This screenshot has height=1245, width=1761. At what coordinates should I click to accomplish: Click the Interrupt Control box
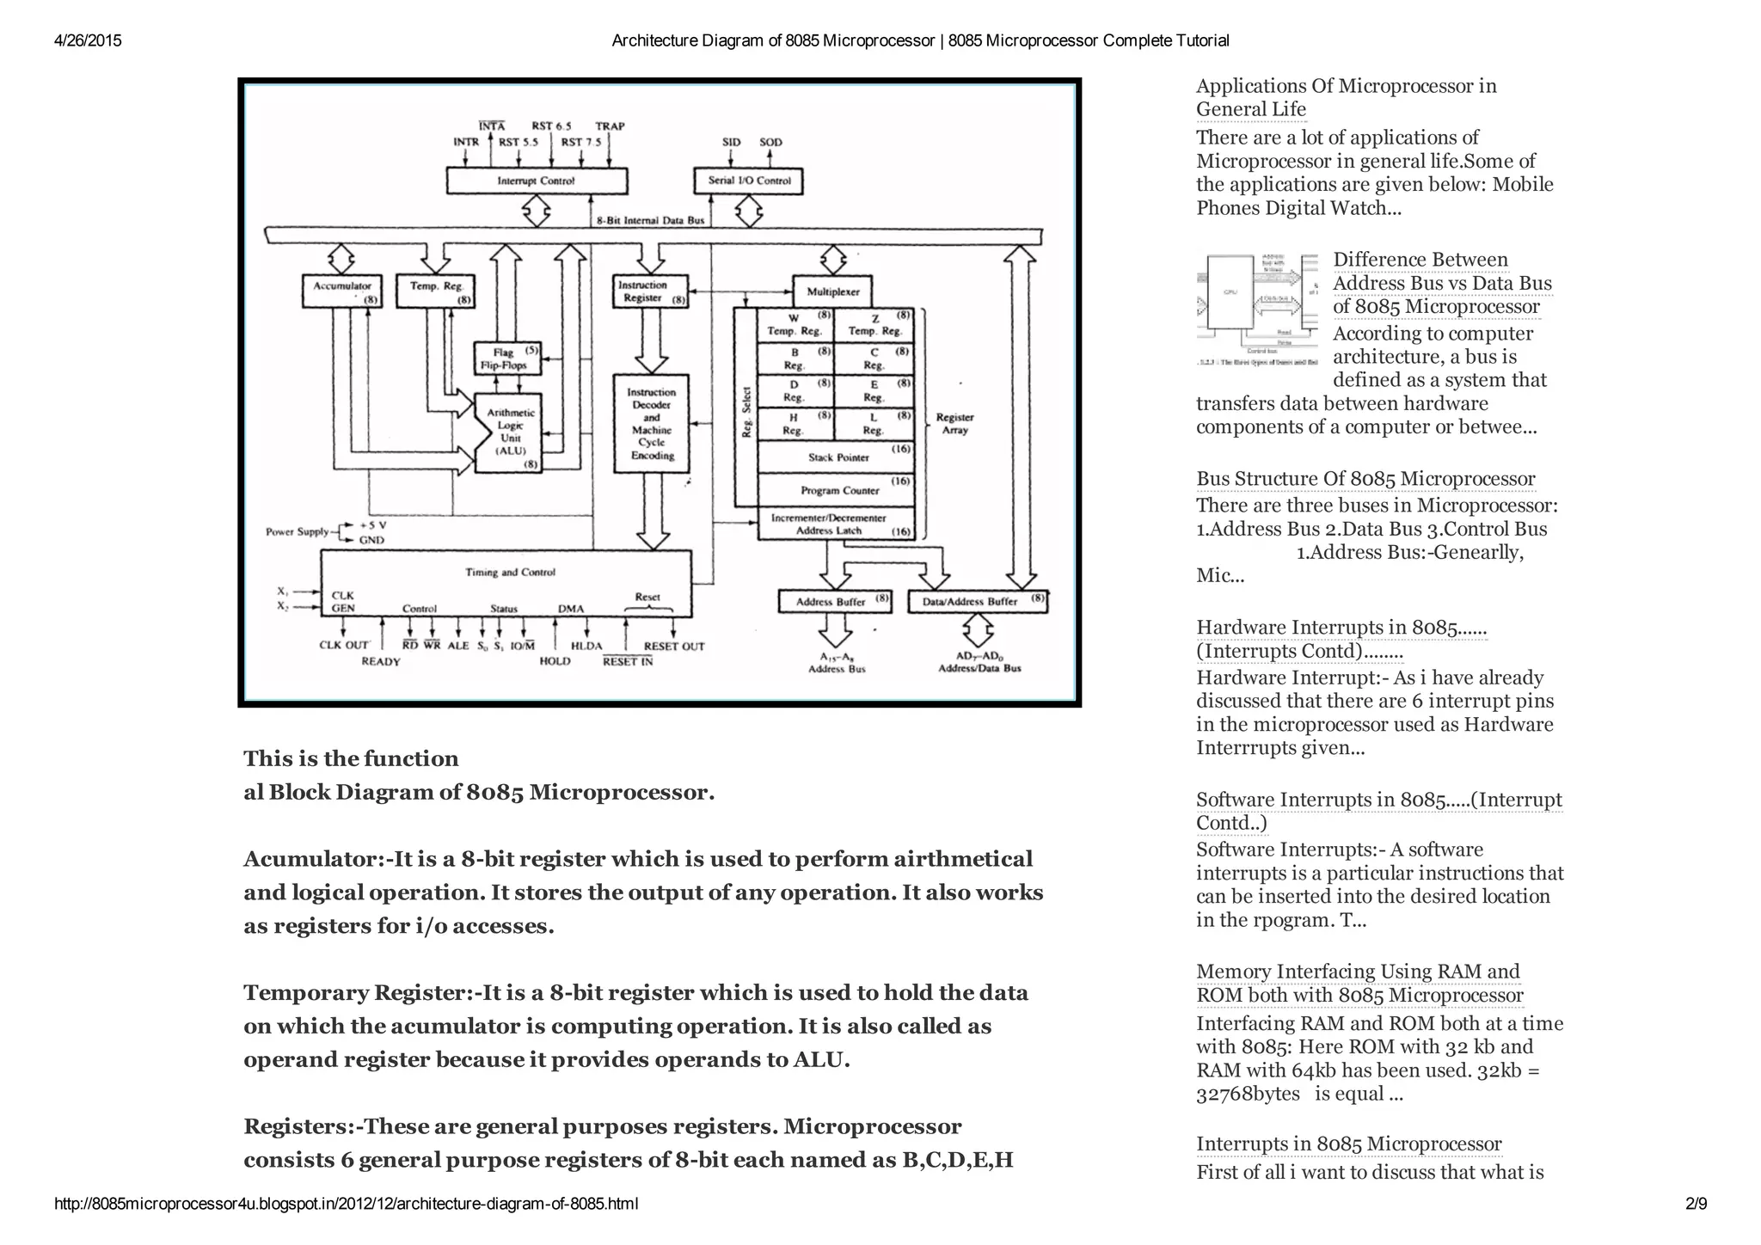coord(536,181)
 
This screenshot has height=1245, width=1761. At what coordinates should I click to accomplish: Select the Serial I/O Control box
coord(748,181)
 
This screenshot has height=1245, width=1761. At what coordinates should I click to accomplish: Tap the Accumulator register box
coord(342,291)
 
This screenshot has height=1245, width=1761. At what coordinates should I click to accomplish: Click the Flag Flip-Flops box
coord(508,359)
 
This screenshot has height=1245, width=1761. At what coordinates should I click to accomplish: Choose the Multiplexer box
coord(832,292)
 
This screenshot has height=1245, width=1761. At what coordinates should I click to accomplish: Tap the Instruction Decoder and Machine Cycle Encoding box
coord(652,424)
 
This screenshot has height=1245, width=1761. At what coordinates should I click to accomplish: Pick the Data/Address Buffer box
coord(978,601)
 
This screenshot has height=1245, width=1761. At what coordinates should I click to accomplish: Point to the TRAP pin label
coord(610,126)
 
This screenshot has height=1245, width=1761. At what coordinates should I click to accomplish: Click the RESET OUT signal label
coord(674,647)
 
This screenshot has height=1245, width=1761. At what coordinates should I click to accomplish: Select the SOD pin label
coord(770,143)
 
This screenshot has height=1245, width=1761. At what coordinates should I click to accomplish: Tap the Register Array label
coord(954,423)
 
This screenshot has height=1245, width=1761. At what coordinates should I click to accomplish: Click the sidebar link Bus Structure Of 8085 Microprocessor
coord(1365,479)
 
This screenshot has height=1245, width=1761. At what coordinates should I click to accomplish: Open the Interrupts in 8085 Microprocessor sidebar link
coord(1348,1144)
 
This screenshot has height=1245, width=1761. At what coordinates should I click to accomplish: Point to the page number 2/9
coord(1696,1204)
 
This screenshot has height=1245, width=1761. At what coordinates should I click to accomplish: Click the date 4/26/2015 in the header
coord(88,40)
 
